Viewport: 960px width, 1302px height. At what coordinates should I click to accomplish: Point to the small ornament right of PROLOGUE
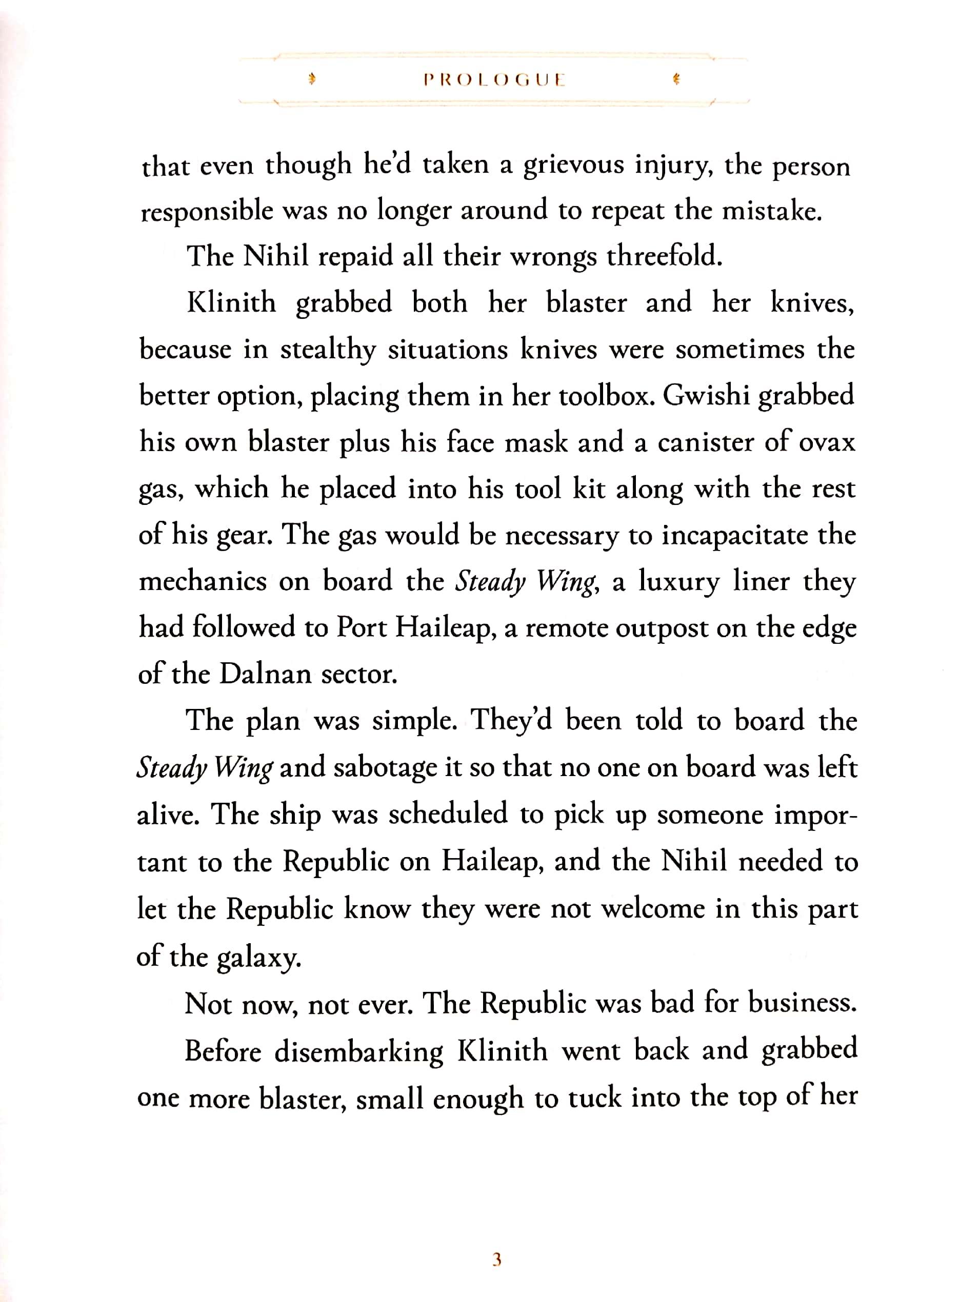[676, 79]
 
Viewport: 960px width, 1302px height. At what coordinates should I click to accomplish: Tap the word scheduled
[448, 814]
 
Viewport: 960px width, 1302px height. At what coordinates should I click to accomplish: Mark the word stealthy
[328, 350]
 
